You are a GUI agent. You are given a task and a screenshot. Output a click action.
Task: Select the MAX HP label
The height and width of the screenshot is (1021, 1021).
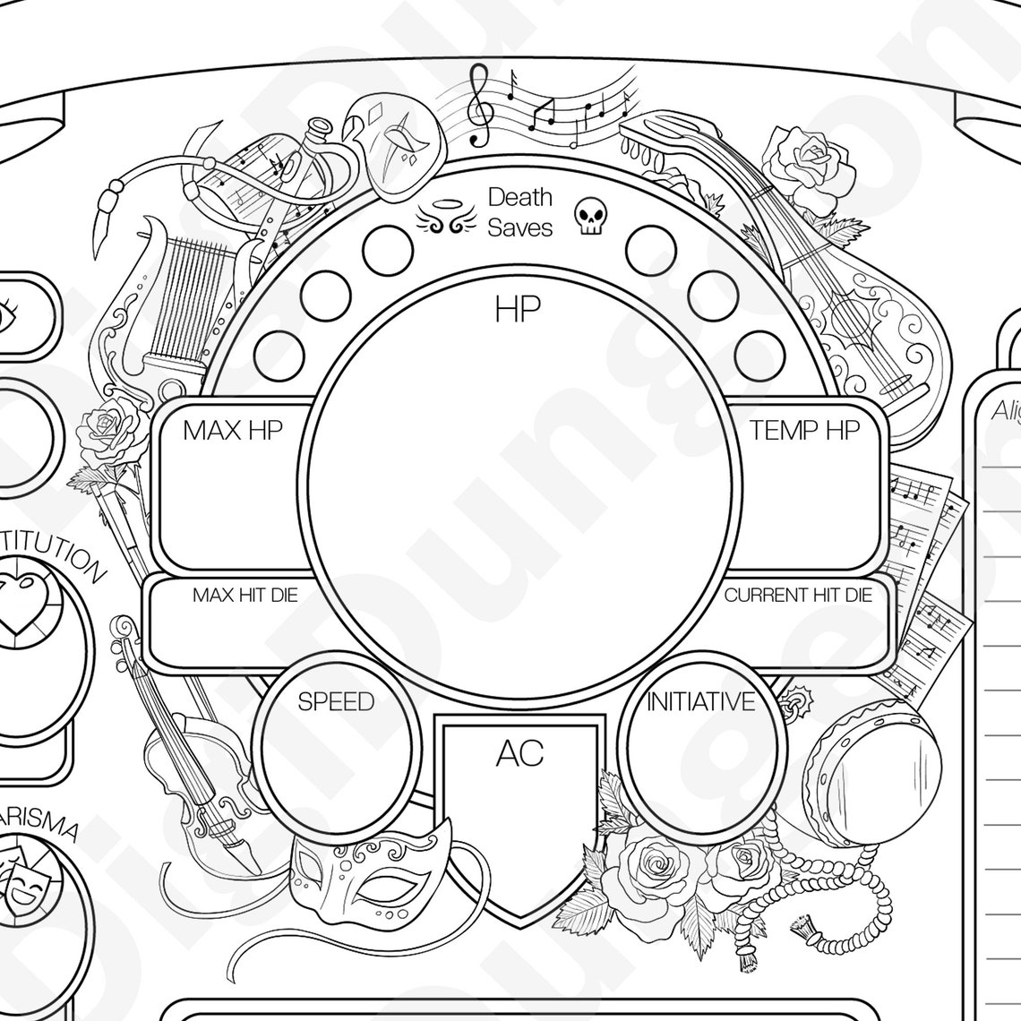[x=233, y=431]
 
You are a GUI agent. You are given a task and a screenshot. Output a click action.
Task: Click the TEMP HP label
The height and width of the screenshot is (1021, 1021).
[x=804, y=431]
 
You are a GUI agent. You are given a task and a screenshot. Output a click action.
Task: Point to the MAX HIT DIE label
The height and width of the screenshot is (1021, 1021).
[x=245, y=596]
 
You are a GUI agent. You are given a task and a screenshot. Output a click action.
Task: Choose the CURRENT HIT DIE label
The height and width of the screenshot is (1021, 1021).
[x=797, y=596]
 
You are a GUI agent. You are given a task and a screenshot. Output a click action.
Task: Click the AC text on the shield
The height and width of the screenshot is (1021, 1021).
[x=519, y=754]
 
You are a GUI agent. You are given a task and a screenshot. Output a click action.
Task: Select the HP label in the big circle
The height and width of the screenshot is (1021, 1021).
[x=518, y=310]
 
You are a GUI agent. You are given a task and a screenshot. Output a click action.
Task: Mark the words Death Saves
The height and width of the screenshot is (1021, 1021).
[x=519, y=212]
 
